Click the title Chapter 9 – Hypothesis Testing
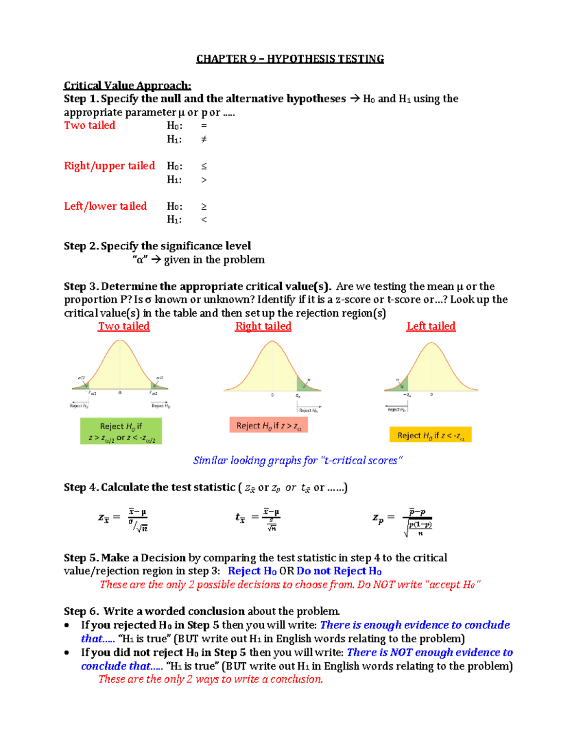pyautogui.click(x=290, y=59)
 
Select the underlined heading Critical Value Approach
pyautogui.click(x=127, y=85)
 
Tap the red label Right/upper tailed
pyautogui.click(x=109, y=166)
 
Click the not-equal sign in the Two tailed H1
pyautogui.click(x=204, y=139)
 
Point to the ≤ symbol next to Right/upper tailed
pyautogui.click(x=204, y=166)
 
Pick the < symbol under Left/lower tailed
pyautogui.click(x=204, y=219)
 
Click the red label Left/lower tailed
pyautogui.click(x=105, y=206)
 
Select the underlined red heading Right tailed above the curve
pyautogui.click(x=263, y=326)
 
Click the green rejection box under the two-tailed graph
pyautogui.click(x=121, y=431)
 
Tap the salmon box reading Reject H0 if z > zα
pyautogui.click(x=269, y=425)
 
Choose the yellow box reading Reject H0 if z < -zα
pyautogui.click(x=430, y=435)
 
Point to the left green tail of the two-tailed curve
pyautogui.click(x=82, y=385)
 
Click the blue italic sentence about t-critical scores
pyautogui.click(x=297, y=460)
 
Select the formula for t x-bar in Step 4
pyautogui.click(x=258, y=519)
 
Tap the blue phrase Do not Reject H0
pyautogui.click(x=339, y=571)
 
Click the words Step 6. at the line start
pyautogui.click(x=82, y=611)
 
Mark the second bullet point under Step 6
pyautogui.click(x=68, y=653)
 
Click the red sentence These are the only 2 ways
pyautogui.click(x=210, y=679)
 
